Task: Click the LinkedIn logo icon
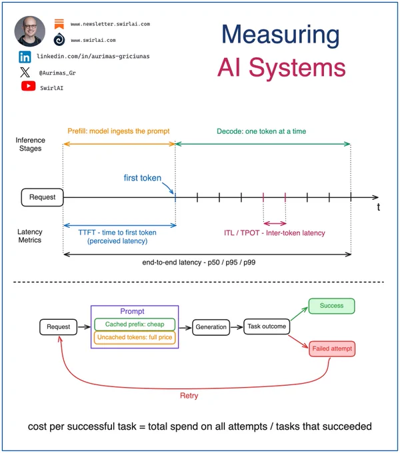(x=25, y=57)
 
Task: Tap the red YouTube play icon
(x=28, y=86)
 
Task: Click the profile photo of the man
(x=30, y=31)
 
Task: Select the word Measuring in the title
(x=281, y=35)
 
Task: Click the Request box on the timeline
(x=42, y=197)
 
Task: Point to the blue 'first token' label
(x=143, y=178)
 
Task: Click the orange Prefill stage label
(x=119, y=131)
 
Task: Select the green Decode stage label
(x=261, y=131)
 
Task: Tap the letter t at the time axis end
(x=378, y=207)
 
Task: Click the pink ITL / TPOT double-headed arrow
(x=275, y=223)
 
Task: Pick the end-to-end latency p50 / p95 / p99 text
(x=199, y=262)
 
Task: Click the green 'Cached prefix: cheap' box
(x=135, y=324)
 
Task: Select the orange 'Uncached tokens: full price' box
(x=135, y=338)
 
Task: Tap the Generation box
(x=211, y=327)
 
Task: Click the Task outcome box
(x=267, y=326)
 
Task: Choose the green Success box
(x=331, y=306)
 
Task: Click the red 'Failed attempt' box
(x=332, y=348)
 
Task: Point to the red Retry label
(x=189, y=396)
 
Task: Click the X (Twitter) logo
(x=25, y=72)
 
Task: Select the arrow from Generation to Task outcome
(x=237, y=327)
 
